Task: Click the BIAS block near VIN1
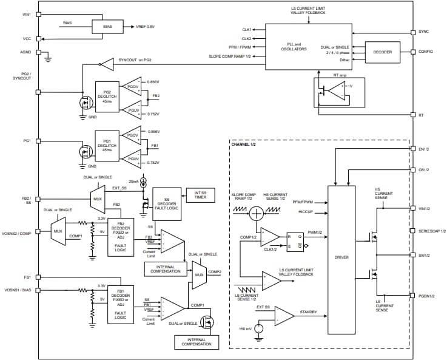coord(107,27)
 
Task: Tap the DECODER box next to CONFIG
coord(382,52)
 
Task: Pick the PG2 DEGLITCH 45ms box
coord(107,97)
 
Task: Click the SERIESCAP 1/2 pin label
coord(432,231)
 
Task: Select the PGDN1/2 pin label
coord(427,296)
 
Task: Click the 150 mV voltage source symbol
coord(259,329)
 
